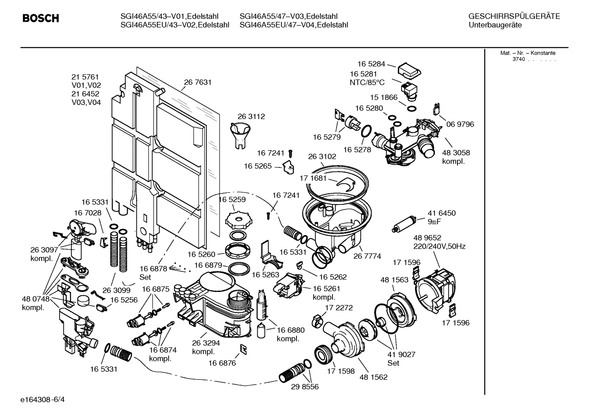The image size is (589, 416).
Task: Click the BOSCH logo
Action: tap(40, 18)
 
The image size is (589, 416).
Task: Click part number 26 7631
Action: tap(198, 82)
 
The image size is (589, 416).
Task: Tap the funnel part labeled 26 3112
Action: tap(240, 135)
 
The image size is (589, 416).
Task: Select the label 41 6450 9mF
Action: tap(442, 217)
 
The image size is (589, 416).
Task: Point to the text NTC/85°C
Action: tap(367, 82)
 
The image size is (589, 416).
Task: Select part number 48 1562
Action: tap(373, 377)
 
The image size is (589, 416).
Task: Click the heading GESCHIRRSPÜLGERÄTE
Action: tap(514, 17)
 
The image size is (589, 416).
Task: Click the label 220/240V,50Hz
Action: tap(439, 246)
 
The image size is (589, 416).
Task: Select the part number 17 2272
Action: tap(339, 307)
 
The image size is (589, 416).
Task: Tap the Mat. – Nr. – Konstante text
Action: tap(528, 53)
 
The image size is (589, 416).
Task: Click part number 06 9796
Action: tap(460, 124)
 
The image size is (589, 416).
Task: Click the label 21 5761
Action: tap(85, 77)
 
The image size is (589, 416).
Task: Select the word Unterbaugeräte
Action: tap(495, 25)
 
